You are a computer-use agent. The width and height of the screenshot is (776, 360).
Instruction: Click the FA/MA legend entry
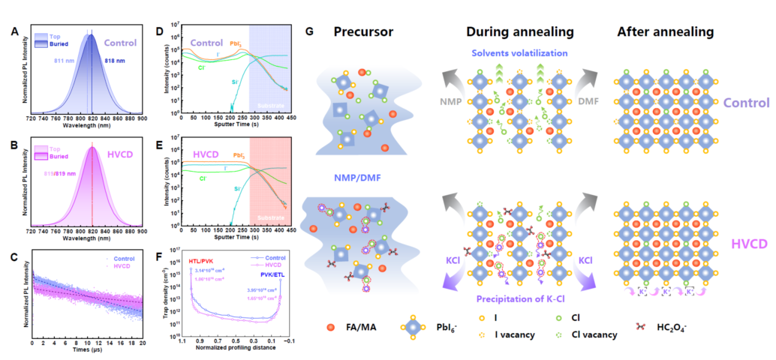(x=362, y=328)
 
